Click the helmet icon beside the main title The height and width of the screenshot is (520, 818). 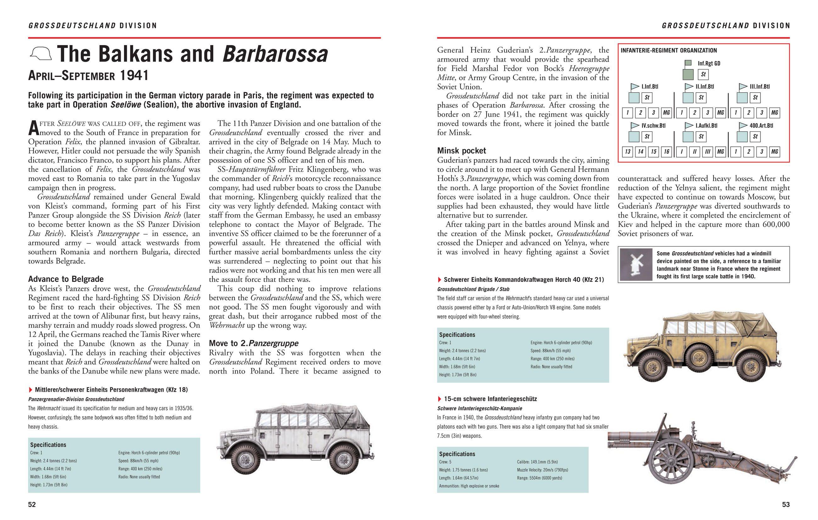pos(41,54)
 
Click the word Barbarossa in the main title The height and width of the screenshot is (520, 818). pos(275,54)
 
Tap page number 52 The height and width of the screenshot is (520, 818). pos(31,504)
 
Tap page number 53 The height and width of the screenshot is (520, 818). pos(786,504)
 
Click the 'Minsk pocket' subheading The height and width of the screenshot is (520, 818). pos(461,151)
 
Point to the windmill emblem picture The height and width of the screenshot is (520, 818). pos(636,264)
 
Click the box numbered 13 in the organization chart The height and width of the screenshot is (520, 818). pos(628,152)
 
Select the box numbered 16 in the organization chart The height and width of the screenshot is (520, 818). pos(666,152)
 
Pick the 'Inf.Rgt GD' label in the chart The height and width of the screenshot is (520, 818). pos(709,63)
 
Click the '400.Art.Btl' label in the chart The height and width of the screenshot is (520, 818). pos(761,125)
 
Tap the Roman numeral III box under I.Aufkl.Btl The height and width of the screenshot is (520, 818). pos(707,152)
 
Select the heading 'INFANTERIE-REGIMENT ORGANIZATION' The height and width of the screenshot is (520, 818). pos(669,51)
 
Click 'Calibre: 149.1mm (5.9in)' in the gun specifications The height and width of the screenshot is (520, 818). pos(537,462)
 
